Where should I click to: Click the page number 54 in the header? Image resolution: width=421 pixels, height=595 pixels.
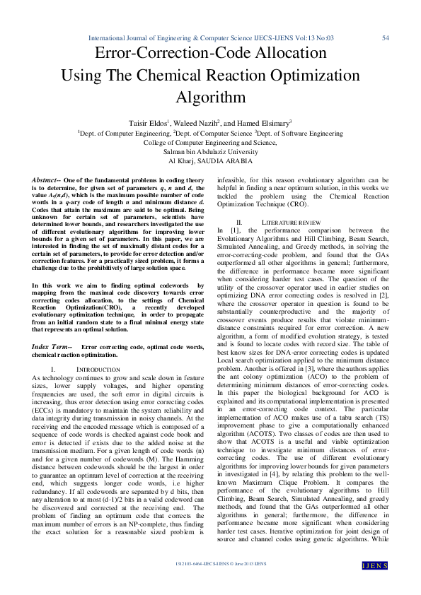[x=386, y=37]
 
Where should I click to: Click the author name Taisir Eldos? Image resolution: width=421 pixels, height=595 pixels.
[x=148, y=122]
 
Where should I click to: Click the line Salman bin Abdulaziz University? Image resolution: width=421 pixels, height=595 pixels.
[x=210, y=151]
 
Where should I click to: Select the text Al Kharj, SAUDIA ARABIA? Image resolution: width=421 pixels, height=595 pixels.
[x=210, y=161]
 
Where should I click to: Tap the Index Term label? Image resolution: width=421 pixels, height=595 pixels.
[x=52, y=347]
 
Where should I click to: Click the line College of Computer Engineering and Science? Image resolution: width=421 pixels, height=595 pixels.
[x=210, y=141]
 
